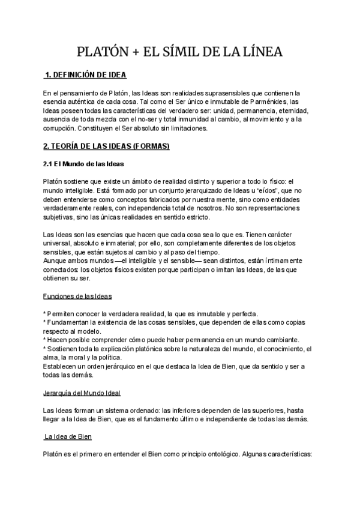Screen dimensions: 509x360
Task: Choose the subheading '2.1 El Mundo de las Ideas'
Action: click(83, 164)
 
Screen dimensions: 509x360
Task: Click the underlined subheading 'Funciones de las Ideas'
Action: click(77, 297)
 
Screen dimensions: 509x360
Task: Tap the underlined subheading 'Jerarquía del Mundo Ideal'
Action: click(82, 393)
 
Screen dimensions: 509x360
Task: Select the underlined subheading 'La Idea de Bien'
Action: click(68, 436)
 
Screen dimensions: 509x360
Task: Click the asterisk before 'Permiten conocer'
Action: click(45, 314)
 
